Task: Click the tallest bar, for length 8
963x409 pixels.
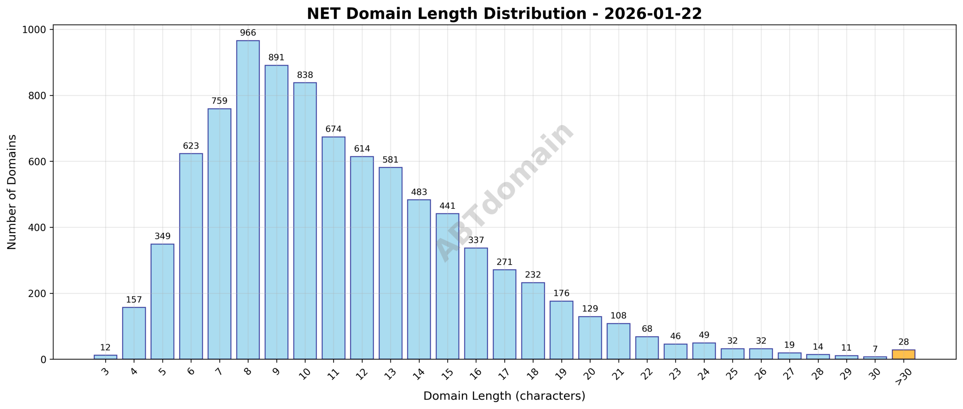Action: click(x=248, y=199)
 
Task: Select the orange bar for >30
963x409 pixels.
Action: click(x=903, y=354)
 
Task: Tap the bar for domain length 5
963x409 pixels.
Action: click(x=163, y=301)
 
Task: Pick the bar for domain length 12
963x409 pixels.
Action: click(x=362, y=258)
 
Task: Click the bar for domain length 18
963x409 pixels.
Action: click(x=533, y=321)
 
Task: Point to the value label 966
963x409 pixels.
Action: click(x=248, y=33)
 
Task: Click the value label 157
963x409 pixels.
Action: click(x=134, y=300)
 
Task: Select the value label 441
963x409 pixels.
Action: click(x=447, y=206)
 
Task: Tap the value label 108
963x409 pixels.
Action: click(x=618, y=315)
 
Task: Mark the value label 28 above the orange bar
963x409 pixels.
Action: click(x=903, y=342)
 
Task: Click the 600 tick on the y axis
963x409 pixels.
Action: click(x=38, y=161)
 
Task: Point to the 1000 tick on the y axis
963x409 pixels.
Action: click(x=34, y=30)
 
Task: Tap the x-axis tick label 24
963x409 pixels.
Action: click(x=703, y=373)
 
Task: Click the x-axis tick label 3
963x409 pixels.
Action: click(x=106, y=372)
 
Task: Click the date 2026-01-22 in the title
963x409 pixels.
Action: click(x=653, y=14)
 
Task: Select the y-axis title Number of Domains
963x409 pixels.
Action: click(x=12, y=192)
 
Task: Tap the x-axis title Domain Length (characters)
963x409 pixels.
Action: click(x=504, y=396)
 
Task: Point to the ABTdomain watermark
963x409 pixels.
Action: click(x=504, y=192)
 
